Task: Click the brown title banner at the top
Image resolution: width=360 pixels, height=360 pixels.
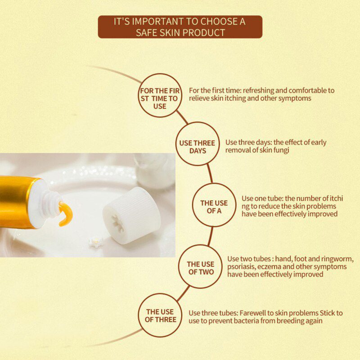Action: point(180,27)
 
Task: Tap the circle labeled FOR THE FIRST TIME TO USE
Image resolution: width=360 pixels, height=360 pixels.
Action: point(159,95)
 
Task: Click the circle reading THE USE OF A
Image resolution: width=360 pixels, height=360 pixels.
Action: point(214,205)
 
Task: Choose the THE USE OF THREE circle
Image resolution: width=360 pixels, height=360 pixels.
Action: point(160,315)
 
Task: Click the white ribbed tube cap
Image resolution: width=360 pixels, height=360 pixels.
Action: point(132,215)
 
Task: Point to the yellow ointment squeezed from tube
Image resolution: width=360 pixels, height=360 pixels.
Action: point(66,213)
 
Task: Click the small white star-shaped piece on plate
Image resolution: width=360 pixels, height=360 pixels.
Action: point(95,242)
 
